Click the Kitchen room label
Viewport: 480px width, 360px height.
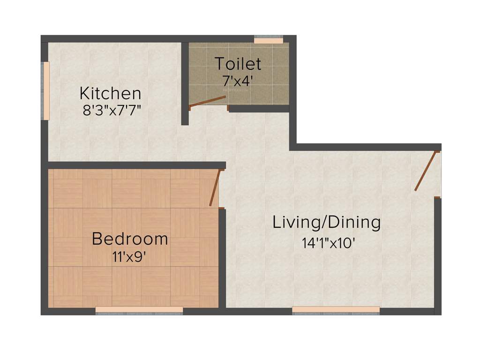click(x=110, y=93)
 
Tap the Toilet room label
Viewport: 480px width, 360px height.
click(x=238, y=63)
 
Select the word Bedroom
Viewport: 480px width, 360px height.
click(x=130, y=239)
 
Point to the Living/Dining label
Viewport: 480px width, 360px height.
click(x=327, y=222)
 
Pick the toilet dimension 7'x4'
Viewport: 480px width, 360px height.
click(x=238, y=80)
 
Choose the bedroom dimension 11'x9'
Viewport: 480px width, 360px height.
click(x=130, y=256)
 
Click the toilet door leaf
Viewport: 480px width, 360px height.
click(x=207, y=102)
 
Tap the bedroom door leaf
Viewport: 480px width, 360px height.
click(x=214, y=187)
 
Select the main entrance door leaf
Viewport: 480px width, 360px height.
click(x=426, y=171)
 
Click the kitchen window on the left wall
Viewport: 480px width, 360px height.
click(x=46, y=91)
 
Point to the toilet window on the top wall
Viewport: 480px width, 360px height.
click(x=269, y=40)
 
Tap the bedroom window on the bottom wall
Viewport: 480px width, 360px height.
click(x=139, y=310)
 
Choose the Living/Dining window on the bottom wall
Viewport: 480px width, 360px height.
click(x=336, y=310)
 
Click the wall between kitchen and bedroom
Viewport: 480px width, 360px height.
click(x=136, y=165)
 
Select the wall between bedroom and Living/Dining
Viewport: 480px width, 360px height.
click(x=222, y=258)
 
